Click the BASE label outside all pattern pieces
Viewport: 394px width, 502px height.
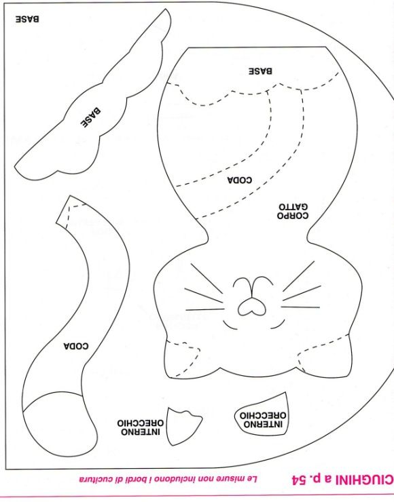[x=27, y=19]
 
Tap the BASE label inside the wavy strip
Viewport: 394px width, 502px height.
[x=90, y=117]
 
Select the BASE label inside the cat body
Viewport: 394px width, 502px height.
[x=261, y=71]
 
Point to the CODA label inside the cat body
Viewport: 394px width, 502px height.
[x=240, y=180]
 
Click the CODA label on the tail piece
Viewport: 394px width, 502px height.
[x=76, y=346]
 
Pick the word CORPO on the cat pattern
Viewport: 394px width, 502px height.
[x=293, y=216]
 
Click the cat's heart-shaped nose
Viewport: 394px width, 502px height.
[x=251, y=307]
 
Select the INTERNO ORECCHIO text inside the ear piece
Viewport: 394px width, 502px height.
[x=263, y=420]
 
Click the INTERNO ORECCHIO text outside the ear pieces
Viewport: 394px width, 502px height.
[x=141, y=427]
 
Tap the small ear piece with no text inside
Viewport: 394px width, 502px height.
[x=183, y=427]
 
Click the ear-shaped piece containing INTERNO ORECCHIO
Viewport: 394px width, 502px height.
[x=262, y=414]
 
